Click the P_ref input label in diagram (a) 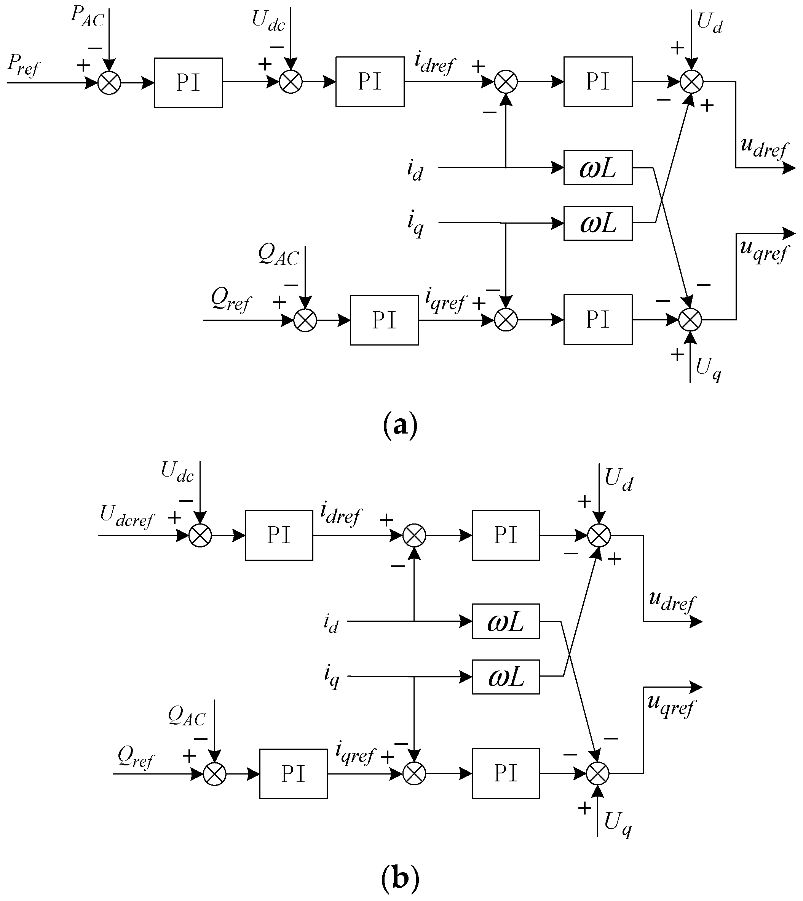pyautogui.click(x=23, y=65)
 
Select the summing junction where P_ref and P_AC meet pyautogui.click(x=109, y=83)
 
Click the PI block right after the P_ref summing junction pyautogui.click(x=188, y=83)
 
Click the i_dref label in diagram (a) pyautogui.click(x=434, y=64)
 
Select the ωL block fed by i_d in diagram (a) pyautogui.click(x=598, y=168)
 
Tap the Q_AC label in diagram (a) pyautogui.click(x=278, y=255)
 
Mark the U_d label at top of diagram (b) pyautogui.click(x=619, y=480)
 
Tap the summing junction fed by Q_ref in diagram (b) pyautogui.click(x=215, y=774)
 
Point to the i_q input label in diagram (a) pyautogui.click(x=415, y=224)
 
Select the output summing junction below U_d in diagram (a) pyautogui.click(x=691, y=82)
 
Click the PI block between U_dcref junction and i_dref pyautogui.click(x=279, y=536)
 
